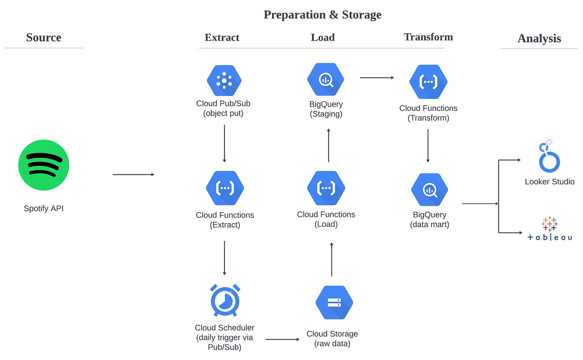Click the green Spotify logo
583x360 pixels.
pos(44,165)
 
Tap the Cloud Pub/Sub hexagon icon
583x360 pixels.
pos(224,80)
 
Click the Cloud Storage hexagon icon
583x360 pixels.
pos(334,302)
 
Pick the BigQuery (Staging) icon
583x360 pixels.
pos(325,80)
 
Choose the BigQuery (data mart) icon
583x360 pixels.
pos(429,189)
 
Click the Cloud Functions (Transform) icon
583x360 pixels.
pos(428,82)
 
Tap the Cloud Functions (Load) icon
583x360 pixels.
pos(326,188)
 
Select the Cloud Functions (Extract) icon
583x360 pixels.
pos(225,188)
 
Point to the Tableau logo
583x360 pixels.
pos(550,229)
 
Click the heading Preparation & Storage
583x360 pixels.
pos(322,15)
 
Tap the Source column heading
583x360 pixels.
pos(44,37)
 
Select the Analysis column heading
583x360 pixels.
pos(539,38)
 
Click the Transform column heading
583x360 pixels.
pos(428,37)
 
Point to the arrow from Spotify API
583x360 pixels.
pos(133,174)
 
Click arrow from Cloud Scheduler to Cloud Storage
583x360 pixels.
pos(282,339)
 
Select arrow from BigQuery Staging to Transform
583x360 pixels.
pos(377,78)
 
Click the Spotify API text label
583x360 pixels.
pos(44,209)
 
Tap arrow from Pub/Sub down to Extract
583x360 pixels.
pos(224,143)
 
